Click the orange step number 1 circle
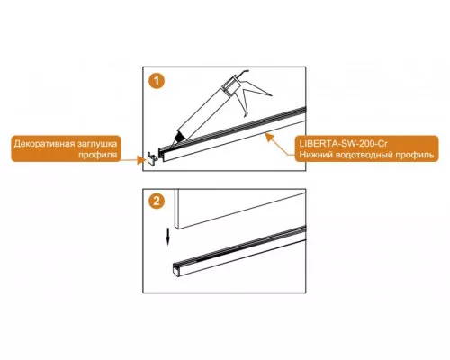[157, 81]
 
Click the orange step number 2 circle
[157, 202]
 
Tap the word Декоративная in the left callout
[44, 144]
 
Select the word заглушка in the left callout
[97, 144]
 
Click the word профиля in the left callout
[98, 155]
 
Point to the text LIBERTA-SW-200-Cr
[344, 144]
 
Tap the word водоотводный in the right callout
[364, 155]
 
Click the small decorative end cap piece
[152, 157]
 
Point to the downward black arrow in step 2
[168, 237]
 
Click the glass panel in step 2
[237, 207]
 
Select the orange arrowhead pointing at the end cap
[139, 160]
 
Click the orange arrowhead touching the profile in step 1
[270, 138]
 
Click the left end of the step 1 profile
[162, 155]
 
